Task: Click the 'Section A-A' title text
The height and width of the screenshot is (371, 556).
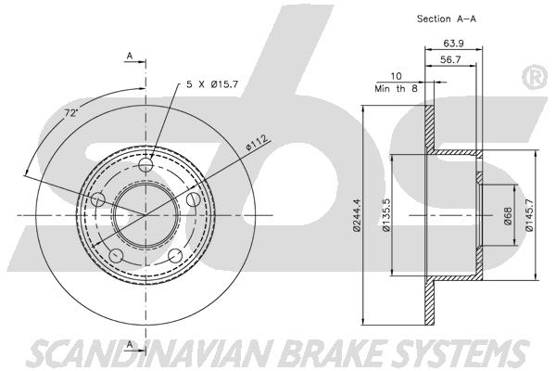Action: click(x=446, y=19)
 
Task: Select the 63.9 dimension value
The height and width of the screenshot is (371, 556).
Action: click(x=453, y=44)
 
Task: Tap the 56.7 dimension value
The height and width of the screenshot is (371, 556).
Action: click(x=450, y=59)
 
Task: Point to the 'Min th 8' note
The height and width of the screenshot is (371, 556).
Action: click(x=396, y=88)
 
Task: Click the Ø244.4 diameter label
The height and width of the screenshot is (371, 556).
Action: click(x=357, y=215)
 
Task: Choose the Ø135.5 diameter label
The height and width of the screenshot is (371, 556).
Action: click(x=386, y=215)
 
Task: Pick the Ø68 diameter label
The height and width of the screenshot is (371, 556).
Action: click(x=508, y=216)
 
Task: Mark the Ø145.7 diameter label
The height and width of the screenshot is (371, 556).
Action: click(x=529, y=215)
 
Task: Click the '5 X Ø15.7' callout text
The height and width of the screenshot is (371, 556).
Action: click(x=212, y=84)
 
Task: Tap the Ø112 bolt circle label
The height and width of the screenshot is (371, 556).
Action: click(x=257, y=142)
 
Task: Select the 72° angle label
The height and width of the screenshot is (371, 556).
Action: click(x=71, y=113)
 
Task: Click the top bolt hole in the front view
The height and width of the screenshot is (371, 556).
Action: click(x=145, y=164)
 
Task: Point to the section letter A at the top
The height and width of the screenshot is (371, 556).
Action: click(x=130, y=56)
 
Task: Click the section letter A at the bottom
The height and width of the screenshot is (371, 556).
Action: click(x=130, y=344)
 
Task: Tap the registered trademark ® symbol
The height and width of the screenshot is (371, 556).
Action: click(x=536, y=77)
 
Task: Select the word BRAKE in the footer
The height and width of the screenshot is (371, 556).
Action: click(x=335, y=353)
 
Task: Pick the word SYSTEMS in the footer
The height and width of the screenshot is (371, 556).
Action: click(x=461, y=353)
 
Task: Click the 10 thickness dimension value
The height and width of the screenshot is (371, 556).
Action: click(x=396, y=76)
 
